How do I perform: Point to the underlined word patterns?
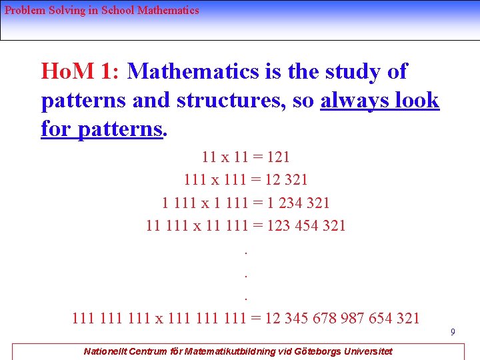pos(120,128)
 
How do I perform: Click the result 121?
pos(278,157)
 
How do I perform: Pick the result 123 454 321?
pos(305,225)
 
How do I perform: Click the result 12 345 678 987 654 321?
pos(342,317)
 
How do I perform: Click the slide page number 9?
pos(452,331)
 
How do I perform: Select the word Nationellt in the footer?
pos(106,351)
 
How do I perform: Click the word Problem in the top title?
pos(24,11)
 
